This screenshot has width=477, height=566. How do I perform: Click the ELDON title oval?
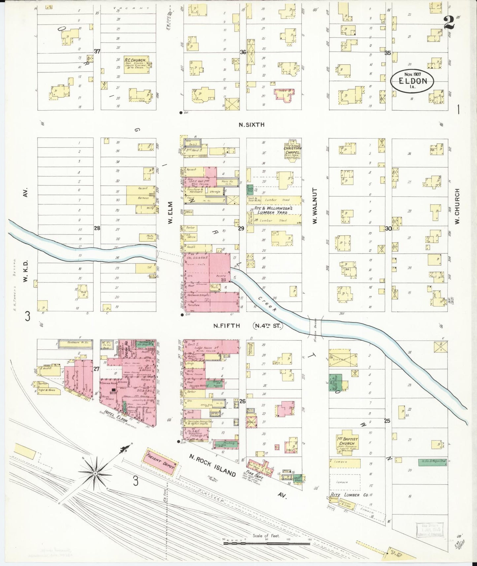(412, 81)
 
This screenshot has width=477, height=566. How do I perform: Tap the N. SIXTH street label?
(252, 124)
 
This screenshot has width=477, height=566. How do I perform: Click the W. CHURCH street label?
(457, 206)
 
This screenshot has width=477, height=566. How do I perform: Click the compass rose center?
(95, 474)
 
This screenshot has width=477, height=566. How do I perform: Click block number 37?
(97, 51)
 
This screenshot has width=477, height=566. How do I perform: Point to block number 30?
(388, 228)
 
